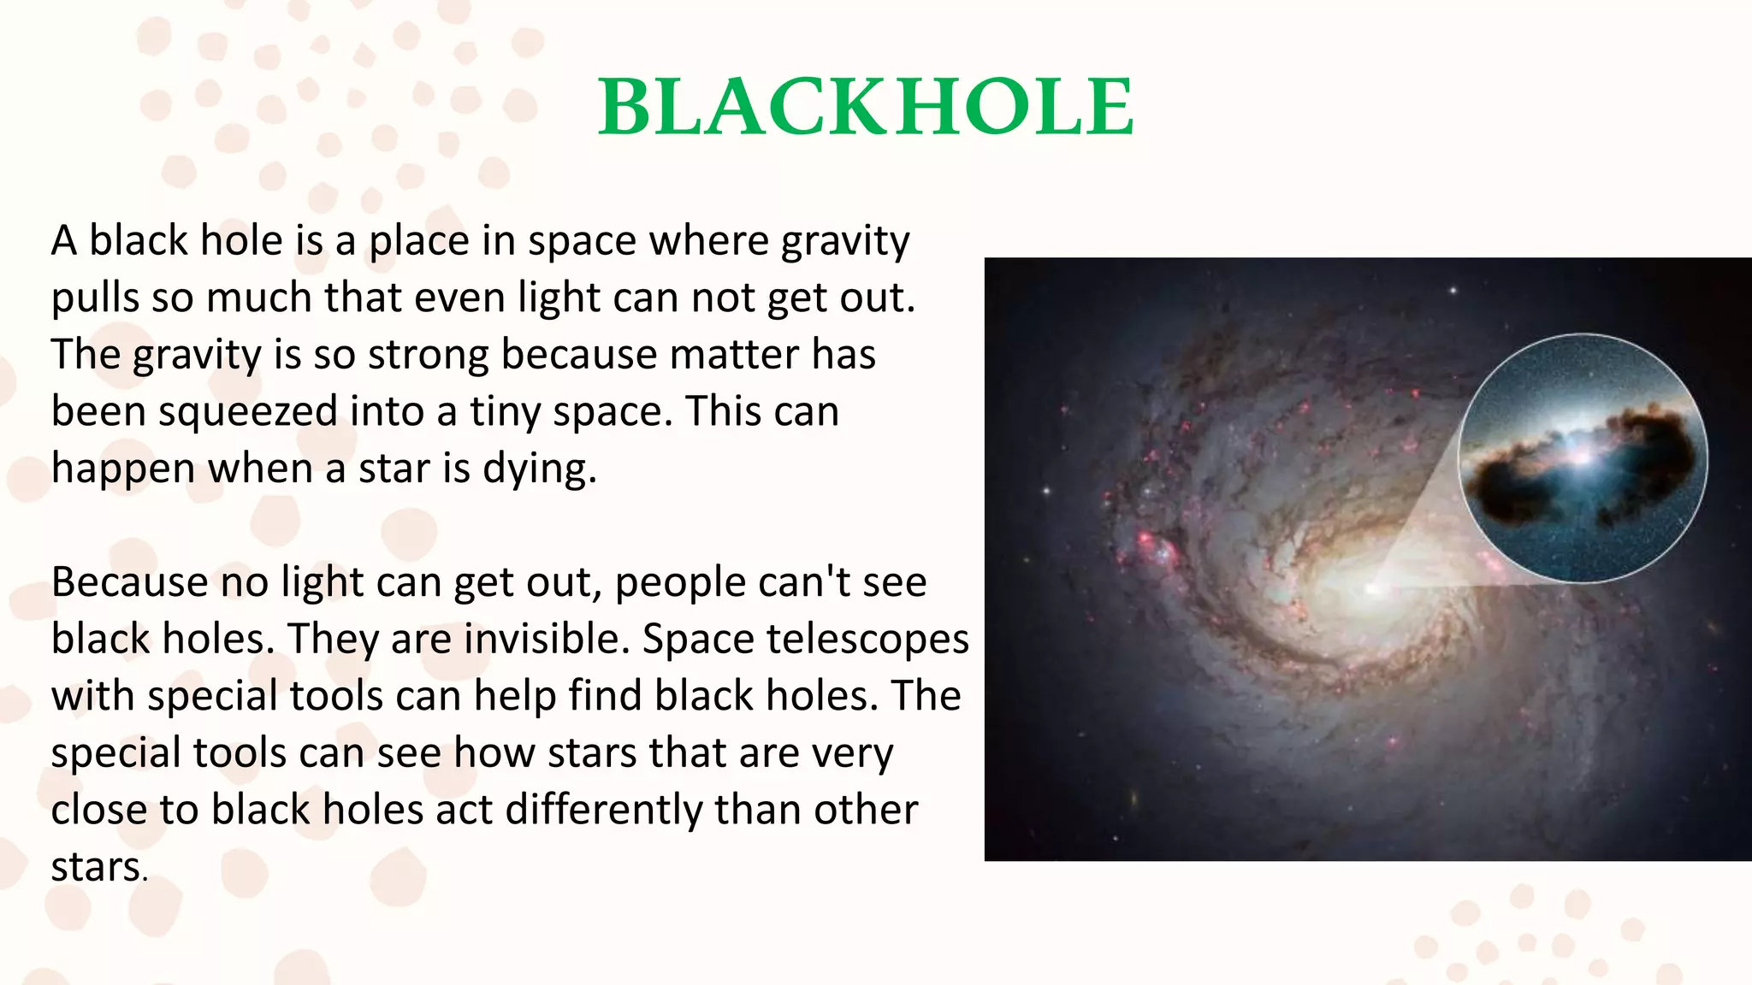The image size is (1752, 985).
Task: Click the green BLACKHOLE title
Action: click(866, 107)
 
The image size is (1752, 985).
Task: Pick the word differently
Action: click(603, 811)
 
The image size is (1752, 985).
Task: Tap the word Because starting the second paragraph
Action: click(129, 583)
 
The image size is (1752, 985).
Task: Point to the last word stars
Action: click(98, 868)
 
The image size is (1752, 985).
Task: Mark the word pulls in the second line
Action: click(95, 298)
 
